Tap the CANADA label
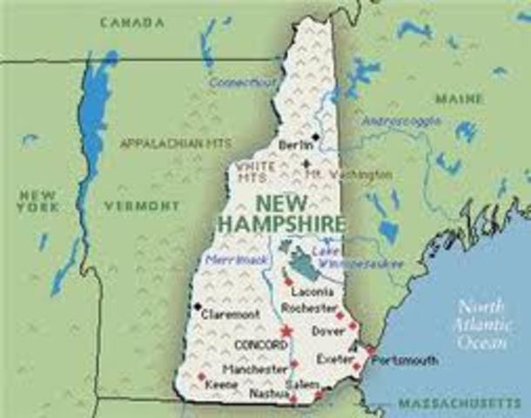131,21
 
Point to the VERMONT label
141,206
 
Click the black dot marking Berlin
315,138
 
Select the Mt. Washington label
349,174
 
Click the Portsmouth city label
407,360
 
